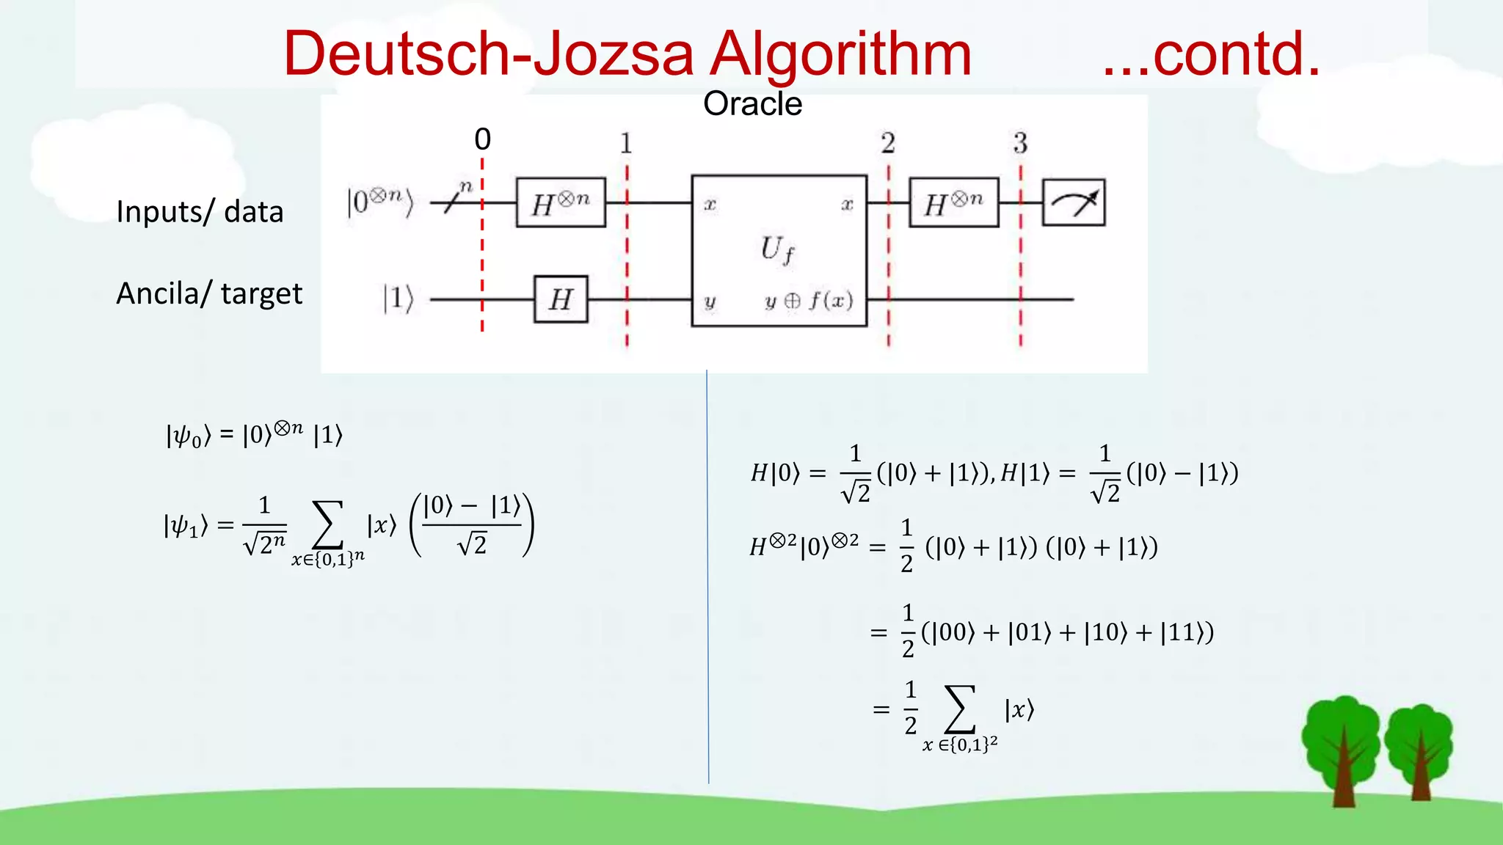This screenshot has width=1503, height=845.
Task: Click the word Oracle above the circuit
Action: click(752, 104)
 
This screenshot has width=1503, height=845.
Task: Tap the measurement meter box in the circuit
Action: click(1074, 202)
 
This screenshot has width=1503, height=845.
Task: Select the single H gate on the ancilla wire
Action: click(561, 299)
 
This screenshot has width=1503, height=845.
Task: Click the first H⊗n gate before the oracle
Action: click(561, 202)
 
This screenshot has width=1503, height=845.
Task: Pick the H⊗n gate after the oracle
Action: click(953, 202)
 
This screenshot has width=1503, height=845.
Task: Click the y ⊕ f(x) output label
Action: click(809, 301)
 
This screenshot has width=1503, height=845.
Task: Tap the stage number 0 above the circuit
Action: click(482, 139)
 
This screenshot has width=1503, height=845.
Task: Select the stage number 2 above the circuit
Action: click(888, 143)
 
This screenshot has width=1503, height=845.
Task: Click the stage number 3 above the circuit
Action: click(1020, 143)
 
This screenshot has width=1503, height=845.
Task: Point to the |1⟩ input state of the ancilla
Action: click(399, 299)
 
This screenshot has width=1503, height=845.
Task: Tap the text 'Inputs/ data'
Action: click(200, 212)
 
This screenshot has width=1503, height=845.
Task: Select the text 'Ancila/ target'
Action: click(209, 293)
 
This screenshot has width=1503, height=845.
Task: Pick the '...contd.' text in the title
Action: click(1211, 54)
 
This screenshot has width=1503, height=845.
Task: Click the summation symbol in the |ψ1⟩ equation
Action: click(328, 524)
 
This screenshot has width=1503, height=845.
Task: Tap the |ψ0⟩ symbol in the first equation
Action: click(188, 436)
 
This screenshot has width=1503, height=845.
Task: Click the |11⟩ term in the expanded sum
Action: click(1182, 632)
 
